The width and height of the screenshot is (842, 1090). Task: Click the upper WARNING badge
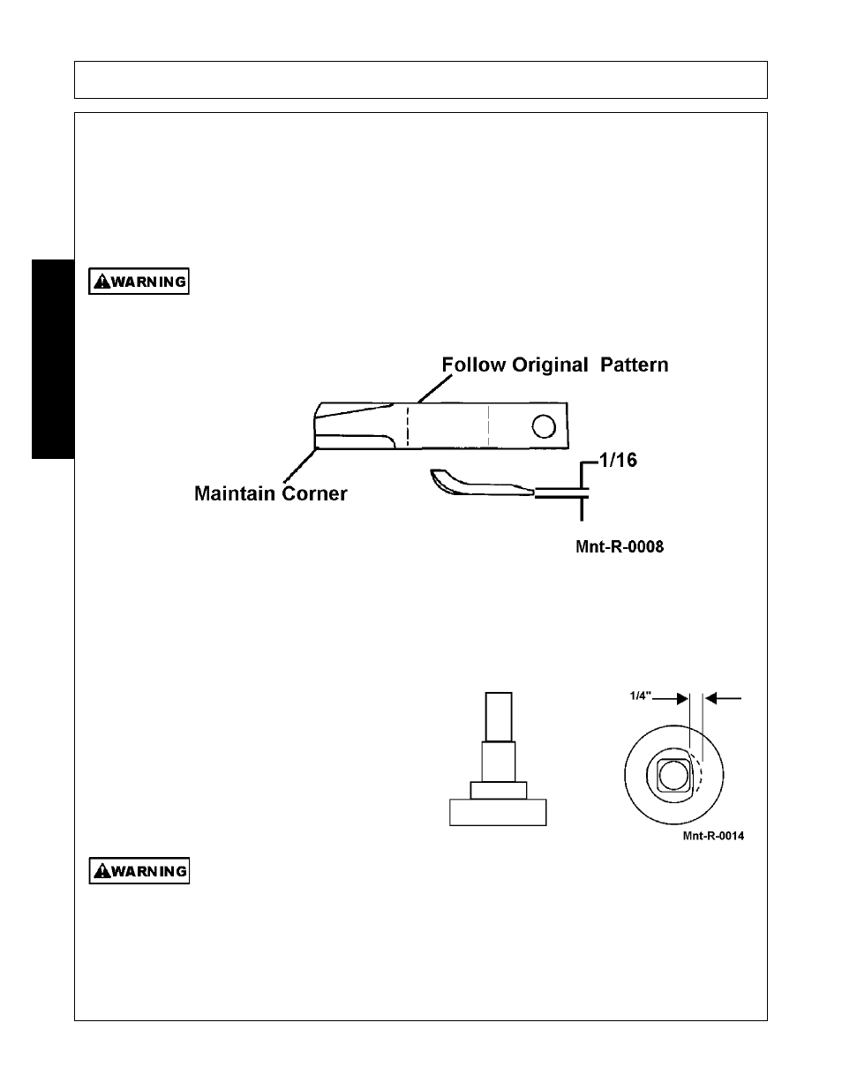(x=139, y=281)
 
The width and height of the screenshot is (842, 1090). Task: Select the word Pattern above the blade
(x=635, y=365)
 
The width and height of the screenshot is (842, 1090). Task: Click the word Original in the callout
(x=550, y=365)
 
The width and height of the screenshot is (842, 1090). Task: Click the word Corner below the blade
(x=314, y=493)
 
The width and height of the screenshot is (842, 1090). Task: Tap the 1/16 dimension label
(x=619, y=460)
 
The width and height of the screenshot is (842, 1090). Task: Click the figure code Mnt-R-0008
(x=620, y=546)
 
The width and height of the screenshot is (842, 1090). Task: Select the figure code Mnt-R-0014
(x=713, y=836)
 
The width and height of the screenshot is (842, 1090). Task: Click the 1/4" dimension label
(x=641, y=695)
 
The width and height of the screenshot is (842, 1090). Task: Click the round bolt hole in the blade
(x=544, y=427)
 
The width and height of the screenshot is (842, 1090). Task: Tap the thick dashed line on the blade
(x=407, y=426)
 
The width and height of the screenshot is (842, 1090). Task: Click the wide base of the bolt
(x=498, y=813)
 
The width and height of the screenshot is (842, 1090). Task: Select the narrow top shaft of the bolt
(x=499, y=717)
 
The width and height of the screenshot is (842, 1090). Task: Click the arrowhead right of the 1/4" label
(x=682, y=699)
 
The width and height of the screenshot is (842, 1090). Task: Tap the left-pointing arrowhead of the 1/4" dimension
(x=711, y=698)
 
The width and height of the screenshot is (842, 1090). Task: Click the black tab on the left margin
(x=53, y=359)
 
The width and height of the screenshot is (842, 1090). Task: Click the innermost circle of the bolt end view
(x=673, y=776)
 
